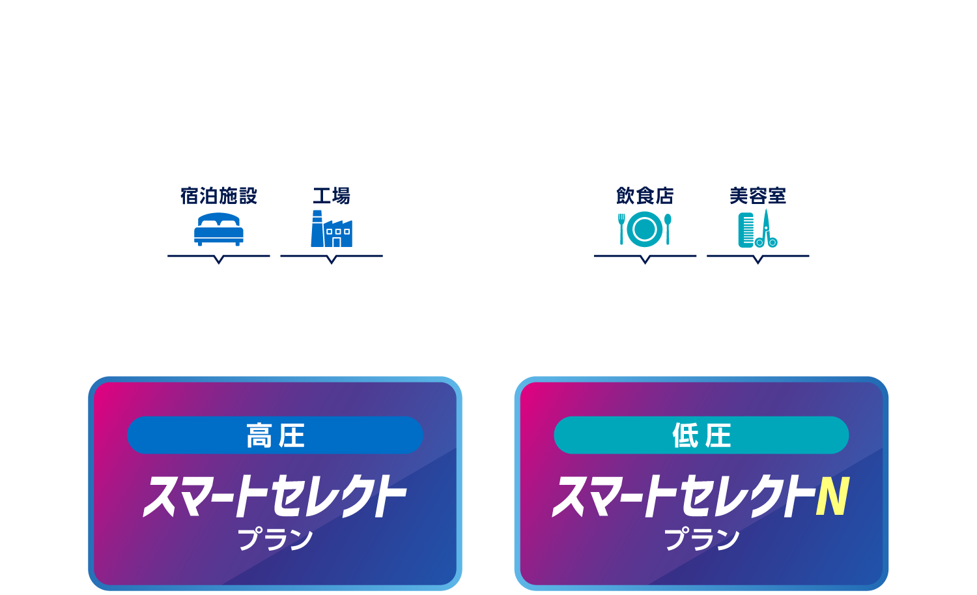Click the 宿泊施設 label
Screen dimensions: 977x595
coord(218,196)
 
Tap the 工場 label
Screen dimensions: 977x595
coord(332,196)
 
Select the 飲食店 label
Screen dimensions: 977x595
coord(645,196)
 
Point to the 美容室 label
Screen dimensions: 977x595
coord(758,196)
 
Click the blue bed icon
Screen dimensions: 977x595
coord(218,229)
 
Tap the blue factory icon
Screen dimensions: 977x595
coord(332,229)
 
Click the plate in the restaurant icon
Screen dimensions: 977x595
coord(645,229)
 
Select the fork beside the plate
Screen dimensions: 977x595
coord(621,229)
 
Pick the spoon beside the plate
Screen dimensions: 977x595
coord(668,229)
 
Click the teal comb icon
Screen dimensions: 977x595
coord(746,230)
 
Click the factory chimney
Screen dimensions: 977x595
coord(317,229)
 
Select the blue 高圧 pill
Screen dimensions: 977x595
coord(275,435)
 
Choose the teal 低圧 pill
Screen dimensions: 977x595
coord(701,435)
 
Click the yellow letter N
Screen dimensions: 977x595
coord(833,496)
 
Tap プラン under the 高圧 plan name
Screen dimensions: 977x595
coord(275,539)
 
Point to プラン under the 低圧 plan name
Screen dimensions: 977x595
coord(701,539)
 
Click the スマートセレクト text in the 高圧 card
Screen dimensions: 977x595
coord(275,497)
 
